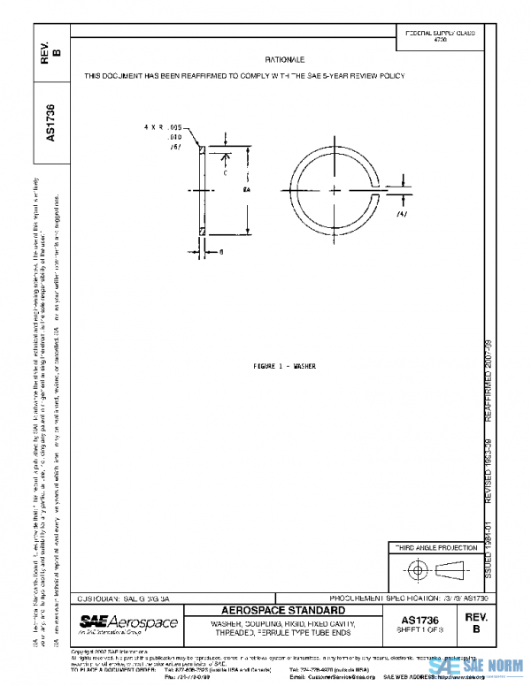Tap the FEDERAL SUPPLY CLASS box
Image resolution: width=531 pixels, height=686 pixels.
click(440, 36)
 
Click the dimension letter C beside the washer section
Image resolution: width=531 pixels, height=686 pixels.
click(225, 173)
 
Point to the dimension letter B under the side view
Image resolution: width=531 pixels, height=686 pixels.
click(219, 252)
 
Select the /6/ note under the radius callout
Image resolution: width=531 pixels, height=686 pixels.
click(174, 148)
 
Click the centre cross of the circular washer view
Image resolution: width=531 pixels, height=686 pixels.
click(329, 188)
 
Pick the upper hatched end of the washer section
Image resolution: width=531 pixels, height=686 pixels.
click(204, 151)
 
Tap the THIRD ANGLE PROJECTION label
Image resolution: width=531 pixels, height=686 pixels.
click(435, 548)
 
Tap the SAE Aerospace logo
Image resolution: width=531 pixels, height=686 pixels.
click(128, 624)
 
